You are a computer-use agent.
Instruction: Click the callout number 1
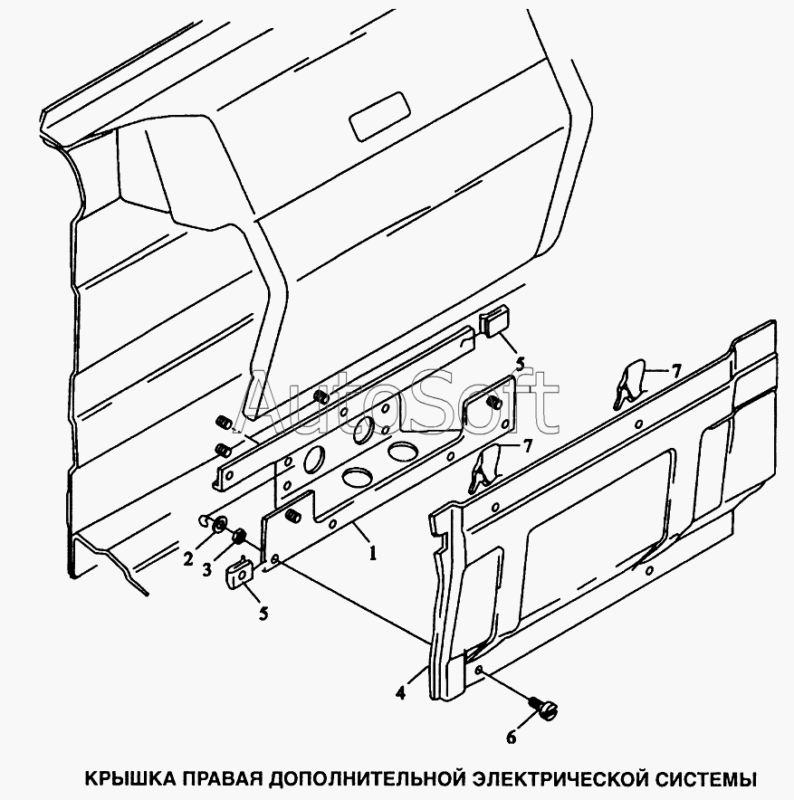tap(373, 553)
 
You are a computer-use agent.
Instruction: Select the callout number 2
tap(188, 559)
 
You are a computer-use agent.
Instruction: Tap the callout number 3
tap(206, 570)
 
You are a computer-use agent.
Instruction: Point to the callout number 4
tap(400, 692)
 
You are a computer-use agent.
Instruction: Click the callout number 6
tap(512, 738)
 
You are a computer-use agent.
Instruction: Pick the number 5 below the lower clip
tap(263, 614)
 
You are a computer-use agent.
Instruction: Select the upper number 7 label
tap(676, 371)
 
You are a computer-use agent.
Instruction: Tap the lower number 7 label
tap(527, 447)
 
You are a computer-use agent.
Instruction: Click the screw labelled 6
tap(543, 707)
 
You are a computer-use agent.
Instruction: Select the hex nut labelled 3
tap(239, 537)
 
